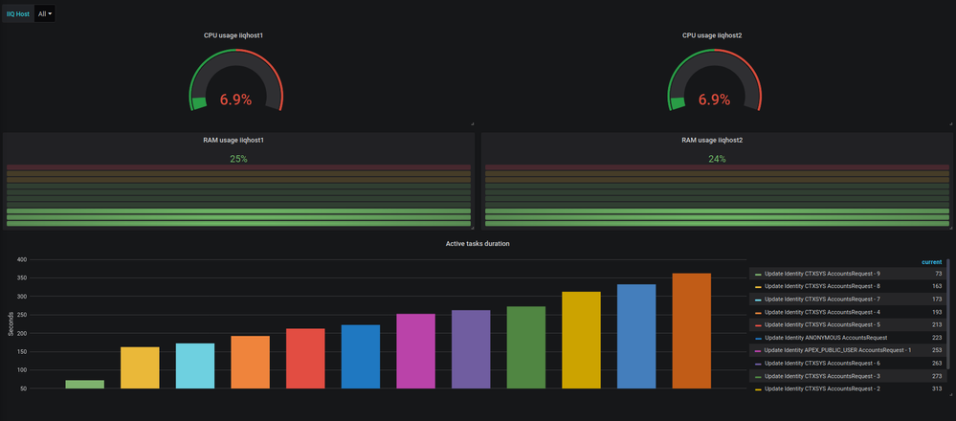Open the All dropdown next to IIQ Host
coord(45,13)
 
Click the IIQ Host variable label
coord(17,13)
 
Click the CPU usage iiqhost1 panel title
coord(233,35)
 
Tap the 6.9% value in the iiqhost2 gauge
coord(714,99)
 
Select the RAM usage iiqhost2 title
coord(712,140)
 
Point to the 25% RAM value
coord(238,159)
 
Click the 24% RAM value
coord(717,159)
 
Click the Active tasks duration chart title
coord(478,244)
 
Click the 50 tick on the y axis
coord(22,388)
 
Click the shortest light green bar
coord(84,384)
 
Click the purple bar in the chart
coord(471,348)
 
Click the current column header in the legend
coord(930,261)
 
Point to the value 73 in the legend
coord(938,274)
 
